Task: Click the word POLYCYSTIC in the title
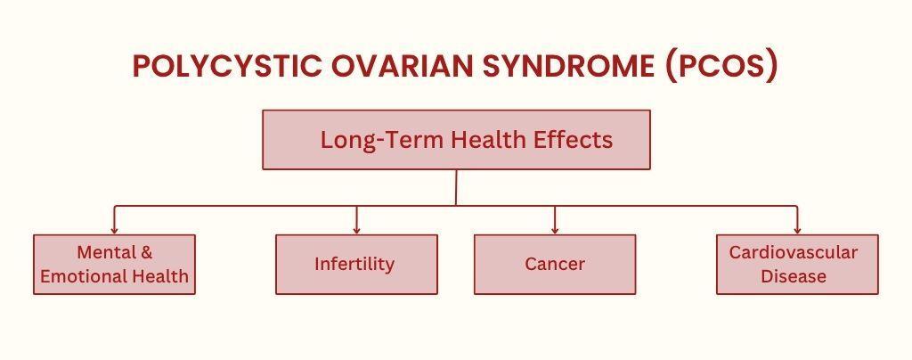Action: [227, 66]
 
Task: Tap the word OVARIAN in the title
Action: [402, 66]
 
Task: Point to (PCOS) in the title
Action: [721, 67]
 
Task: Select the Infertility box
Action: [356, 264]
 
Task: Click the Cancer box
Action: [555, 264]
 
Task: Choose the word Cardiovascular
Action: [794, 252]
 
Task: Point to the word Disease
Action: [794, 275]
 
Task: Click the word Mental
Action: [102, 252]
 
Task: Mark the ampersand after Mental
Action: [147, 252]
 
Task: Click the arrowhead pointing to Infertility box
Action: [356, 230]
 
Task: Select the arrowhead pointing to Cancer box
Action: [555, 230]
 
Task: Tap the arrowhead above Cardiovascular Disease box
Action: [797, 230]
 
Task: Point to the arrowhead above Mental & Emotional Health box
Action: [114, 230]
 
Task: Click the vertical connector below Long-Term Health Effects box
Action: [456, 187]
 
